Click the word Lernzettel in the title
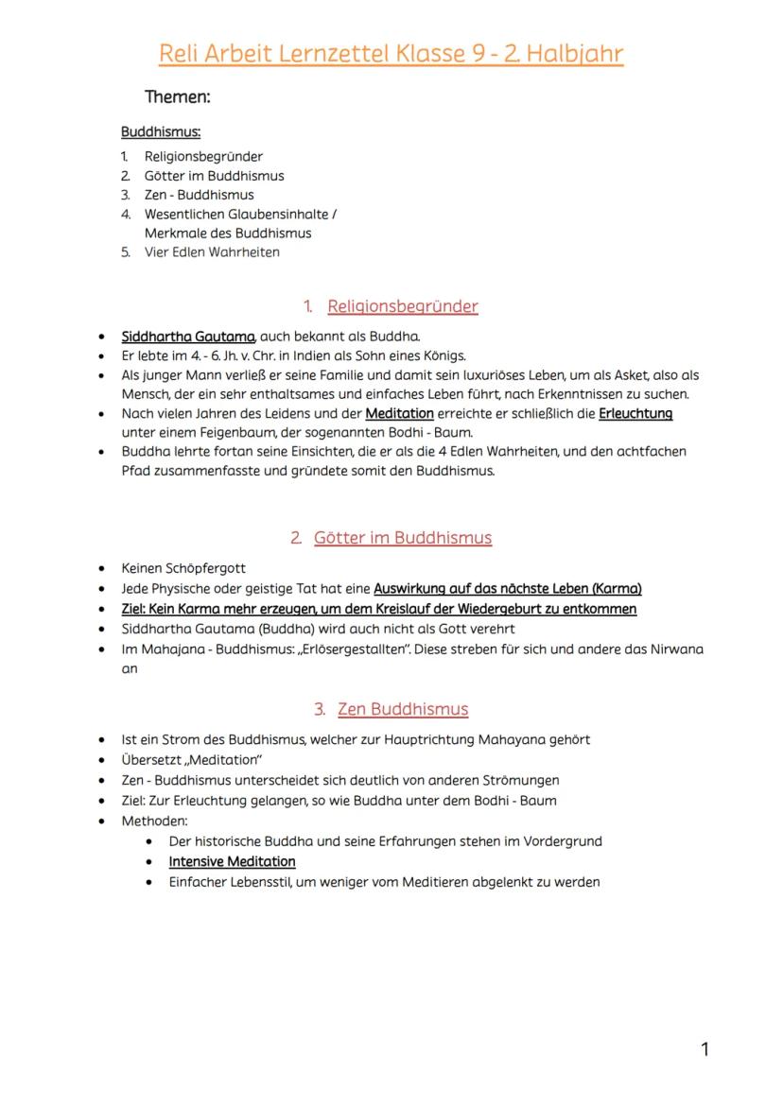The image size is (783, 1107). click(x=333, y=54)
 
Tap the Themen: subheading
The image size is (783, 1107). click(x=177, y=96)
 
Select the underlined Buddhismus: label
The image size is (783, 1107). click(x=161, y=132)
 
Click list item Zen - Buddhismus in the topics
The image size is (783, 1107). click(x=199, y=195)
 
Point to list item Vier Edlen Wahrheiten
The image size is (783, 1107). click(x=212, y=252)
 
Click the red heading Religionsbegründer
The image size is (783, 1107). click(x=402, y=306)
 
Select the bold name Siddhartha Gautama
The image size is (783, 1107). click(x=188, y=336)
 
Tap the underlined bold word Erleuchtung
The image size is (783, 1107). click(x=635, y=413)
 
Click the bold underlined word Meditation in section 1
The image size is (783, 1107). click(x=399, y=413)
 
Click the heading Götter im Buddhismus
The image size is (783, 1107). click(x=403, y=538)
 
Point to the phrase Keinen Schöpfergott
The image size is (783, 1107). click(x=183, y=568)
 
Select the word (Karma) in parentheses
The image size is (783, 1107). click(x=617, y=588)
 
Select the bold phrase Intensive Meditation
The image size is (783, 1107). click(x=232, y=861)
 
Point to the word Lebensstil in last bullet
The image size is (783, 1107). click(x=256, y=882)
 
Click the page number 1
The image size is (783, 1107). click(x=705, y=1048)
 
